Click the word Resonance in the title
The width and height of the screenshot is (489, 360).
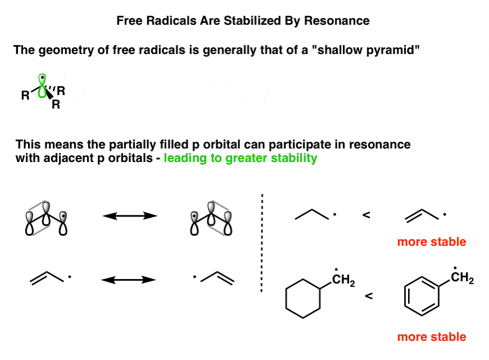click(337, 21)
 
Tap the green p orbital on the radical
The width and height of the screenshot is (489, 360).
click(42, 86)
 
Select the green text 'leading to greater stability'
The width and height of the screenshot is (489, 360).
click(241, 158)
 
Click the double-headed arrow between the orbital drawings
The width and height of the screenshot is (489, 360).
click(130, 216)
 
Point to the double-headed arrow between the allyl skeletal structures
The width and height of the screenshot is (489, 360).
click(129, 280)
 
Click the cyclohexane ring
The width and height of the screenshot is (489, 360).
click(303, 299)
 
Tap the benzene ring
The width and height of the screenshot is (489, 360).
click(422, 296)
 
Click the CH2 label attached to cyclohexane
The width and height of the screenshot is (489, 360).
click(343, 280)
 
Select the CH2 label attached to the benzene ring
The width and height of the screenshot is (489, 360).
click(462, 277)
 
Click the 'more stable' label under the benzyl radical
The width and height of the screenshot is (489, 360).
click(432, 336)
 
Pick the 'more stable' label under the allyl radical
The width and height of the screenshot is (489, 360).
click(432, 242)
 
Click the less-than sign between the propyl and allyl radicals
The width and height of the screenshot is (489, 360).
click(366, 215)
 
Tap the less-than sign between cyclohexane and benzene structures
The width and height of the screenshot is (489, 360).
click(369, 296)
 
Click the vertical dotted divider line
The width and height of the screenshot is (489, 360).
click(262, 243)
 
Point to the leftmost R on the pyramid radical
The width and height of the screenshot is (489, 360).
click(25, 95)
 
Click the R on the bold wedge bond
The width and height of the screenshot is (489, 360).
click(56, 104)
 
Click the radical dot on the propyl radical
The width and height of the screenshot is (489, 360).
click(334, 214)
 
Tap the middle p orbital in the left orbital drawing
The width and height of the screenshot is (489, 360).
click(46, 214)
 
